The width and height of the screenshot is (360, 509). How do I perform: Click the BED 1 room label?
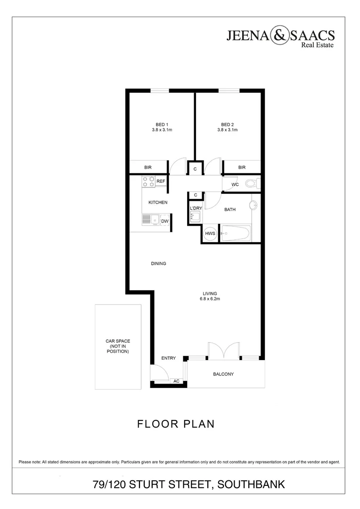pyautogui.click(x=162, y=124)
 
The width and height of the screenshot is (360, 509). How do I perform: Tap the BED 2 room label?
pyautogui.click(x=227, y=124)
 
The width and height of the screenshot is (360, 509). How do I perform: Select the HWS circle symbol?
pyautogui.click(x=210, y=234)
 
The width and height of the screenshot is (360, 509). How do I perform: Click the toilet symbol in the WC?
pyautogui.click(x=251, y=184)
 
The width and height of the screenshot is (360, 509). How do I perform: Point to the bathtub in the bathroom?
pyautogui.click(x=236, y=233)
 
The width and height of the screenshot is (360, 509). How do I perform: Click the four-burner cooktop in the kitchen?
pyautogui.click(x=148, y=181)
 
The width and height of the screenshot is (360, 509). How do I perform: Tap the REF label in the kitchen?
pyautogui.click(x=161, y=181)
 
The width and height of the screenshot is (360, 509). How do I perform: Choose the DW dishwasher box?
pyautogui.click(x=165, y=221)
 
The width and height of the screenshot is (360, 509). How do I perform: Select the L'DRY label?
pyautogui.click(x=196, y=208)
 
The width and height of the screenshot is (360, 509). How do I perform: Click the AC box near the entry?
pyautogui.click(x=177, y=381)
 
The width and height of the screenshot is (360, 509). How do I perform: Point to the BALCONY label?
pyautogui.click(x=223, y=374)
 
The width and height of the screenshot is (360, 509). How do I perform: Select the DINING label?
pyautogui.click(x=159, y=263)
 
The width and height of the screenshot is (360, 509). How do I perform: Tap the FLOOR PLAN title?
pyautogui.click(x=176, y=424)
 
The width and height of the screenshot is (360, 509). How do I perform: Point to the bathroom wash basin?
pyautogui.click(x=254, y=205)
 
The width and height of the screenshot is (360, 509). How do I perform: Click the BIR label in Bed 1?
pyautogui.click(x=147, y=167)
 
